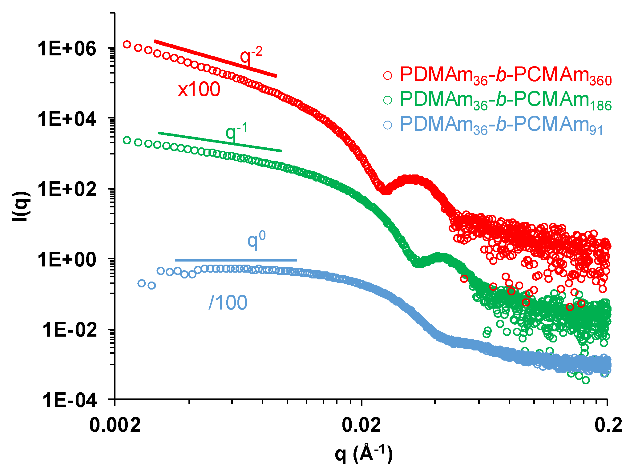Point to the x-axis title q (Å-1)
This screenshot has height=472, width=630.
click(364, 454)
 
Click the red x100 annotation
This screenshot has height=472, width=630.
click(199, 90)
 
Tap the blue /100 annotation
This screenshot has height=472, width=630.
click(228, 303)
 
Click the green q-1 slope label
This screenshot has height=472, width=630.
click(236, 132)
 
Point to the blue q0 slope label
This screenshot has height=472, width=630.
click(256, 240)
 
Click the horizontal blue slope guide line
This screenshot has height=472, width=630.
click(236, 260)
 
